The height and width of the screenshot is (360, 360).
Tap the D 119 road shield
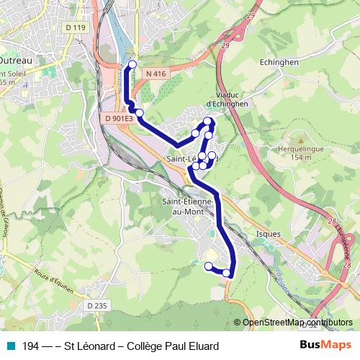75,28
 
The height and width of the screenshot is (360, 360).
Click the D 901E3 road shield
119,118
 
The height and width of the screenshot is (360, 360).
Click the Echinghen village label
279,62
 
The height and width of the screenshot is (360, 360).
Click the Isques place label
268,234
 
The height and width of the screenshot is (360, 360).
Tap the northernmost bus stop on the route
131,66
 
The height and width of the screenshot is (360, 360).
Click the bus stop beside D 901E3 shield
140,112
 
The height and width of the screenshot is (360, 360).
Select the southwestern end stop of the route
209,266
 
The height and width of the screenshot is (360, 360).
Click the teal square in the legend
9,346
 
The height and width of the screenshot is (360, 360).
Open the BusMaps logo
325,346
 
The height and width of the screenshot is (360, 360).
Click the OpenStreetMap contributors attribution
297,323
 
